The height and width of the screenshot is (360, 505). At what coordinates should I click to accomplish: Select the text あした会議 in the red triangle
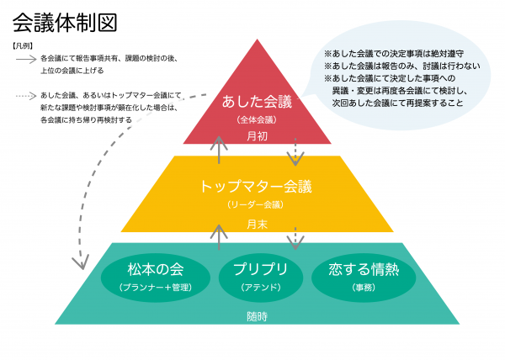tap(258, 103)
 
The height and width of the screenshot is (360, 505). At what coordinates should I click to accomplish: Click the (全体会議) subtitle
tap(258, 120)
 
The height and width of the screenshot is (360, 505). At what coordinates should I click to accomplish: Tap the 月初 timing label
tap(258, 135)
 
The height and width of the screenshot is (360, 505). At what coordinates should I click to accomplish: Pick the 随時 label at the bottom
tap(258, 317)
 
